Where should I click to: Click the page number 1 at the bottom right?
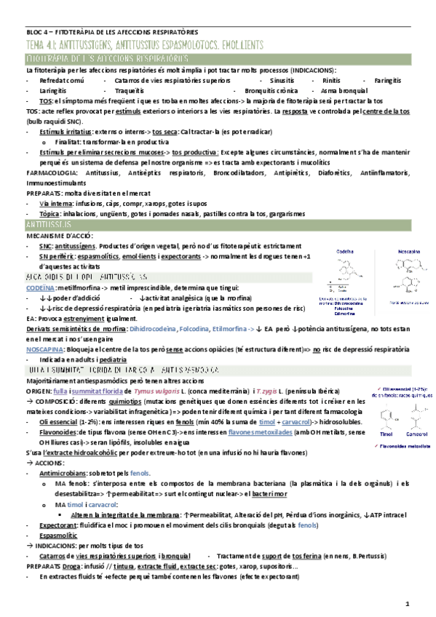point(408,603)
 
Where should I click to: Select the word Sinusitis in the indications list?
point(281,79)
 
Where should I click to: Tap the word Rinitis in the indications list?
point(331,79)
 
